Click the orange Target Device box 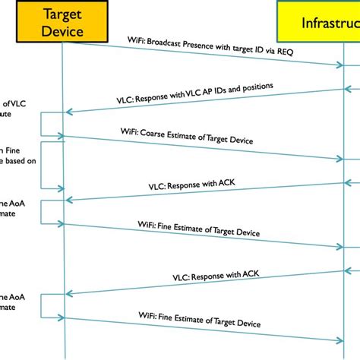point(64,22)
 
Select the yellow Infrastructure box point(319,22)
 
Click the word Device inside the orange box point(64,31)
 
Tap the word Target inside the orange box point(64,14)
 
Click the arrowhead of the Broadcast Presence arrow point(339,65)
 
